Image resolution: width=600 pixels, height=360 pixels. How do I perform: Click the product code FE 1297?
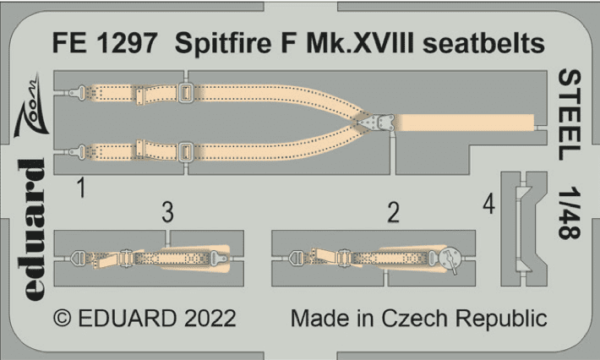pos(105,43)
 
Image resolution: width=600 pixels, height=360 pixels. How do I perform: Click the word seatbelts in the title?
pos(483,43)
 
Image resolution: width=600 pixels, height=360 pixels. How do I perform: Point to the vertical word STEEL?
pos(570,115)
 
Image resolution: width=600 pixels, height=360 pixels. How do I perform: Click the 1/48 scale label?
pos(570,213)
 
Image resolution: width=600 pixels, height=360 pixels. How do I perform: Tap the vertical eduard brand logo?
pos(31,229)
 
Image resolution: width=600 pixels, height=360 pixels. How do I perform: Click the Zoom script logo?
pos(30,106)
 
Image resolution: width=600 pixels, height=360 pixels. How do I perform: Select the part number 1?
pos(81,188)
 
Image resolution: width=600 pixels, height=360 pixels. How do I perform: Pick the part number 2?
pos(393,212)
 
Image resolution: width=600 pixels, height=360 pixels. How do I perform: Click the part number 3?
pos(167,212)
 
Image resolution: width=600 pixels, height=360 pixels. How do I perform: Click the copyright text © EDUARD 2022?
pos(145,319)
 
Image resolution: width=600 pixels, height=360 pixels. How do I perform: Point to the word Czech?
pos(414,319)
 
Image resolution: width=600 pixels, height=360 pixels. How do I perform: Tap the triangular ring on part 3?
pos(78,259)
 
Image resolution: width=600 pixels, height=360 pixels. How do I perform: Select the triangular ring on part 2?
pos(297,258)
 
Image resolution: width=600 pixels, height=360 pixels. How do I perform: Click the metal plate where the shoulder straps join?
pos(377,123)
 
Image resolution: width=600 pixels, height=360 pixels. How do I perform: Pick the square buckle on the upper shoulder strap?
pos(186,93)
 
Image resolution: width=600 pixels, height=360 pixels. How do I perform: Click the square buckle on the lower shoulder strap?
pos(186,151)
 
